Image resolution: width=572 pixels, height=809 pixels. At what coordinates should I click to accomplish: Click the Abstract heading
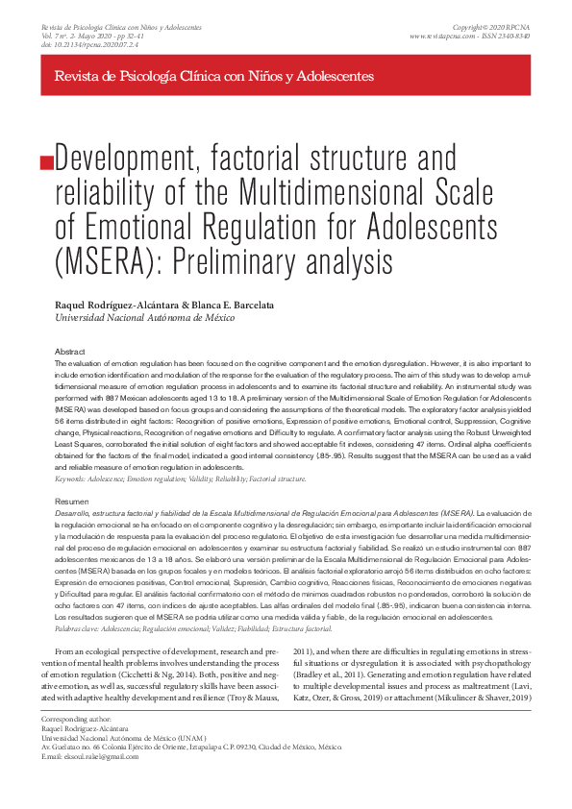pyautogui.click(x=71, y=353)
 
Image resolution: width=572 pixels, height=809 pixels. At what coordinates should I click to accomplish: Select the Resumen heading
pyautogui.click(x=72, y=502)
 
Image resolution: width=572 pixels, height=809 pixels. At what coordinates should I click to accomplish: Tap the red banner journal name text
pyautogui.click(x=214, y=76)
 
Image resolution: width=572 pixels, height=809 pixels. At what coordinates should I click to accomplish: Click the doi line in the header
pyautogui.click(x=97, y=45)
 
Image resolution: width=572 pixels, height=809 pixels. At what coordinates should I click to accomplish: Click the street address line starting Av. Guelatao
pyautogui.click(x=192, y=745)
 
